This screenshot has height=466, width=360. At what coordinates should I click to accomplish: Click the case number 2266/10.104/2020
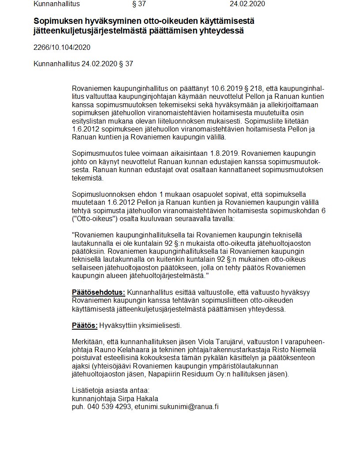coord(62,48)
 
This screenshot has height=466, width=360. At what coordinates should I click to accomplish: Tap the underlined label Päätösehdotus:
coord(98,292)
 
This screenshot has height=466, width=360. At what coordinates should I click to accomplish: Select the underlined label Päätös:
coord(85,326)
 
